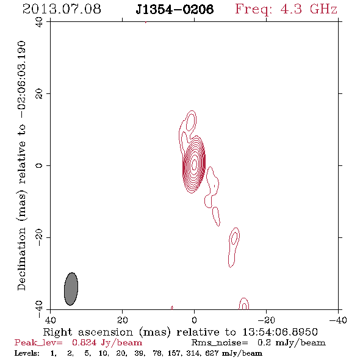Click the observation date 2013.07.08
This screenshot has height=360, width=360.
62,9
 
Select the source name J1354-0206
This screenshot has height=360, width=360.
175,9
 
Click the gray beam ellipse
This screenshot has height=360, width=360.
71,289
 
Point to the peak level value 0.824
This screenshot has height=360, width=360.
84,342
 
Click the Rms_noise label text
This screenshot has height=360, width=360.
220,343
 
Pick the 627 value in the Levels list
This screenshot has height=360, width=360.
212,353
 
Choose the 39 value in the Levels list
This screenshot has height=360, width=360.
140,353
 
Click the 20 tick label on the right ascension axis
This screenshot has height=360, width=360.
123,320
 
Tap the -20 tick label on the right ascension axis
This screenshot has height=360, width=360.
266,320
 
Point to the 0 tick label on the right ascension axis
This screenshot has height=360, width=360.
194,320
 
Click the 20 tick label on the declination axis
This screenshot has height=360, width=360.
39,94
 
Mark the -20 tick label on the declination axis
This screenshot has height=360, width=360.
39,237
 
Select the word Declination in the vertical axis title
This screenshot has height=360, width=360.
21,259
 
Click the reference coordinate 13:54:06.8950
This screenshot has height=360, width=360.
280,332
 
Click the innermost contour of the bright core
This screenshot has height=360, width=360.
195,164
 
